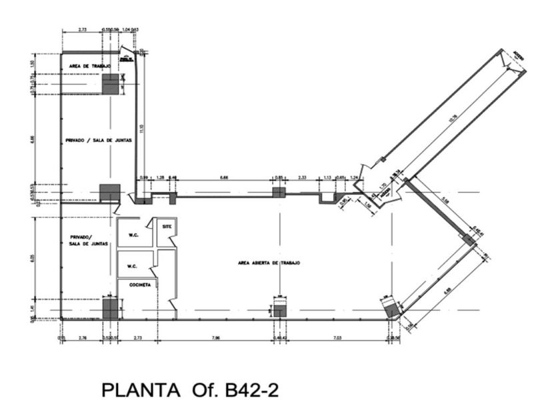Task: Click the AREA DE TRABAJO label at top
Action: tap(91, 66)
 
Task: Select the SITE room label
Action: tap(167, 227)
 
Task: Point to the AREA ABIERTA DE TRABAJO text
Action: tap(269, 263)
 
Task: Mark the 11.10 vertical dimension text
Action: tap(141, 126)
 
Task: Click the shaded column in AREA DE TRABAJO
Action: tap(111, 84)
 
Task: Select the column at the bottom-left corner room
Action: tap(110, 309)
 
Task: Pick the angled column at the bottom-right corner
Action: tap(392, 308)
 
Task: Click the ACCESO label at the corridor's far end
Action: tap(519, 57)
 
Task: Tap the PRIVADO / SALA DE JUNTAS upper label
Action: tap(98, 140)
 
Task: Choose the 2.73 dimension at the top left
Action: tap(82, 30)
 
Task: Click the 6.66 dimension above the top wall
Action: tap(224, 177)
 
